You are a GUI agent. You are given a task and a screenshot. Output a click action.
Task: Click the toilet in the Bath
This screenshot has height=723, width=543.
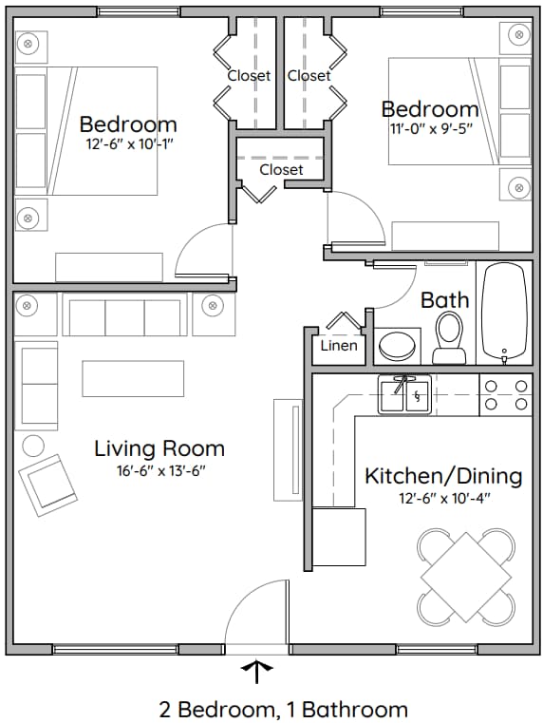click(449, 338)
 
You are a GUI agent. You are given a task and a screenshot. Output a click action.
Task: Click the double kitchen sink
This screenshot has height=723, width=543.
click(405, 394)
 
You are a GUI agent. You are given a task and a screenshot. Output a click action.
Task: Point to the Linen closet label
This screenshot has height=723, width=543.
click(339, 345)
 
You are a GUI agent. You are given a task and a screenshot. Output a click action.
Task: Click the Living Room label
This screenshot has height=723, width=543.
click(159, 448)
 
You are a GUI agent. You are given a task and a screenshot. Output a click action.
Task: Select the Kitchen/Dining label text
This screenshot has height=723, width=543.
click(443, 475)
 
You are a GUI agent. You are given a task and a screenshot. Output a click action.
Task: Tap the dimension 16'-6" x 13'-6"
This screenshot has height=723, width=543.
click(159, 470)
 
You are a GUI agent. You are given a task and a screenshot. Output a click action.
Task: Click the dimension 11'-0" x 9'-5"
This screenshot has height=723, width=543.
click(429, 129)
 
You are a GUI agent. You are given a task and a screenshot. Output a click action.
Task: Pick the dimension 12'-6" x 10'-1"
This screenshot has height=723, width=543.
click(128, 144)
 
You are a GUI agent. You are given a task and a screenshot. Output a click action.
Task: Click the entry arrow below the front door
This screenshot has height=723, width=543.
click(256, 672)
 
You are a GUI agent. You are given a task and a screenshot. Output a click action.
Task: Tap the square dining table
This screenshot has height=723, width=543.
click(466, 575)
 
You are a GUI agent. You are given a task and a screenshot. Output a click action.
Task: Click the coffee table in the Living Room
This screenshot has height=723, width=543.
click(132, 378)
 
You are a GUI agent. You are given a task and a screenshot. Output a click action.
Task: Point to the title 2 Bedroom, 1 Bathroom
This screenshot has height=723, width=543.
click(283, 709)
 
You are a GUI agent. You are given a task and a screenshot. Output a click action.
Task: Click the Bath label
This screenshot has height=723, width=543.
click(444, 300)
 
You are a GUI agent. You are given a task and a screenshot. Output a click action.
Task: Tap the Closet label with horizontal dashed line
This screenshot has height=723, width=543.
click(281, 169)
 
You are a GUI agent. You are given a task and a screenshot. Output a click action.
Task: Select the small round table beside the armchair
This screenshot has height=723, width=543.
click(33, 445)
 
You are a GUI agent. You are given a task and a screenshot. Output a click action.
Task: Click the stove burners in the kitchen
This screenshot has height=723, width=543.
click(505, 394)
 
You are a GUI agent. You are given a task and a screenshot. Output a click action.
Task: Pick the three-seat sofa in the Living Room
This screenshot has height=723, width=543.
click(124, 316)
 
